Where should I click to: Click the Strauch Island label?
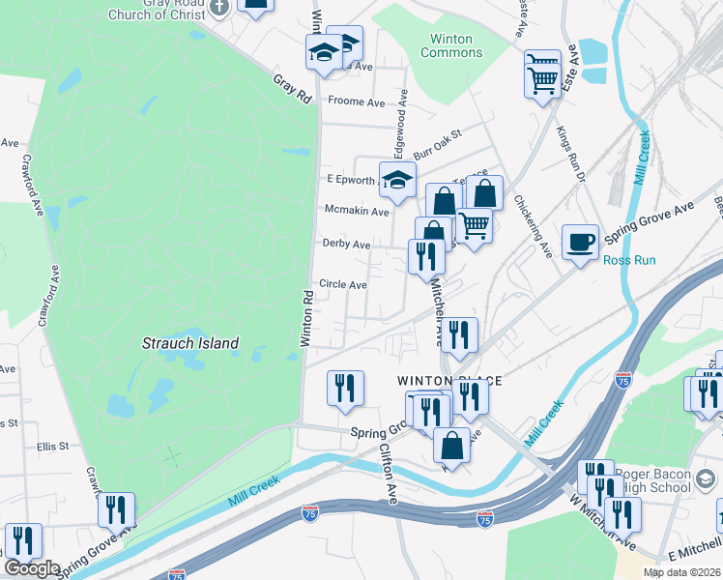pos(190,343)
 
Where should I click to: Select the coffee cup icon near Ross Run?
pos(580,242)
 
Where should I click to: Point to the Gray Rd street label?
pos(292,89)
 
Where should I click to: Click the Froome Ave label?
pos(357,101)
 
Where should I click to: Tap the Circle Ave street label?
pos(343,285)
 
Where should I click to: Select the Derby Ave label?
pos(346,245)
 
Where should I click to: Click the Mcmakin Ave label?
pos(357,211)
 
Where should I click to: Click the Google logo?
pos(32,568)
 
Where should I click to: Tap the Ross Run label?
pos(629,261)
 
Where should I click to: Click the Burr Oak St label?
pos(439,146)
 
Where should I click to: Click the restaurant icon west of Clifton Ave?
pos(345,388)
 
